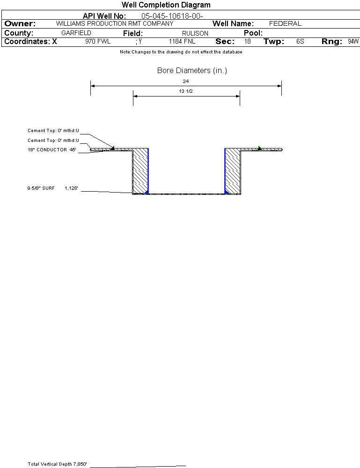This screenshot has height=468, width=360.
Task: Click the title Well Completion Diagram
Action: [166, 5]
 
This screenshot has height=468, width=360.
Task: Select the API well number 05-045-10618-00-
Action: [172, 16]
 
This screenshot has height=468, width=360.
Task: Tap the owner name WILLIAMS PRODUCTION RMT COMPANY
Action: [115, 23]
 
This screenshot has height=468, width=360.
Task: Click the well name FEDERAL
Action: [285, 23]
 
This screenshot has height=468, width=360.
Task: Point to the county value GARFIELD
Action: [76, 33]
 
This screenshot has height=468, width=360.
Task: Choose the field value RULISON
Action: [195, 33]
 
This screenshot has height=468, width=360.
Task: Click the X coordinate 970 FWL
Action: [98, 42]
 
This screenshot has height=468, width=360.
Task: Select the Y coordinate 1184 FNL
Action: [182, 42]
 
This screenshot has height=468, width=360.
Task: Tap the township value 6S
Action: [301, 42]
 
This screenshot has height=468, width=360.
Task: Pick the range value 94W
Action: [353, 42]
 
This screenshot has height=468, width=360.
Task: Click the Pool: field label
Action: [253, 33]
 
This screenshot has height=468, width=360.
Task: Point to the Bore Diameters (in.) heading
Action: [192, 70]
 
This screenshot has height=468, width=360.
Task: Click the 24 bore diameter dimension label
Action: [185, 81]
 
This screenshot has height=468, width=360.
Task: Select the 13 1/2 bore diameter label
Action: [185, 91]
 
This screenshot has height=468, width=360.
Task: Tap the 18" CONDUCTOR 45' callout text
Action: [52, 150]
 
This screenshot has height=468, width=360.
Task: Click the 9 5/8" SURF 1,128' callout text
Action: [53, 188]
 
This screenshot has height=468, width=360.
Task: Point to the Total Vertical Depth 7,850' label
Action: [57, 464]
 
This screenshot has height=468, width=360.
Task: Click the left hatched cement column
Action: [140, 171]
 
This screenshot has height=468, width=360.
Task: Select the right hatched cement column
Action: [233, 171]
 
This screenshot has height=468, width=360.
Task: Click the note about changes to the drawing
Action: [181, 52]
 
